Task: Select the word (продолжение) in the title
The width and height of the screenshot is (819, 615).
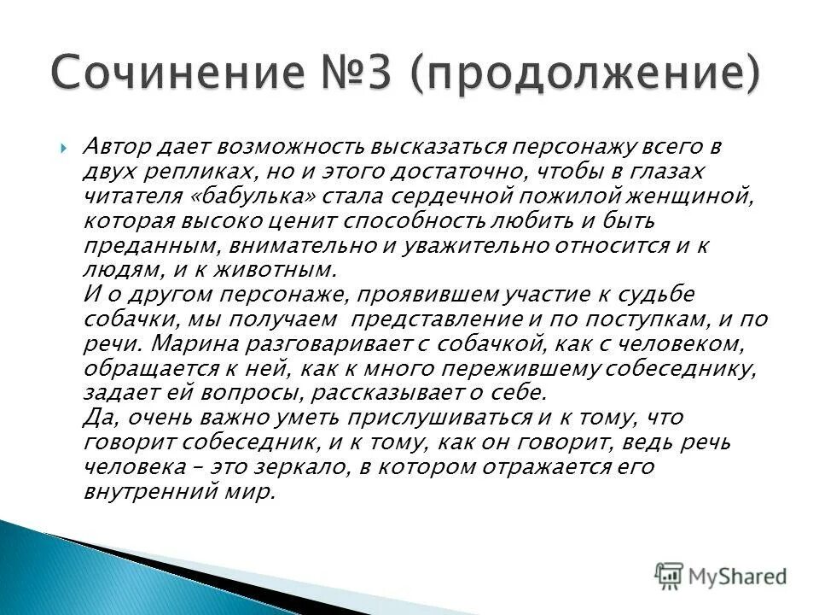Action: tap(584, 75)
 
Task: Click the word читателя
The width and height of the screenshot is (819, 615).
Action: tap(125, 196)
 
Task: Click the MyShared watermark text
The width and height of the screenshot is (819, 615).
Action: tap(738, 576)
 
